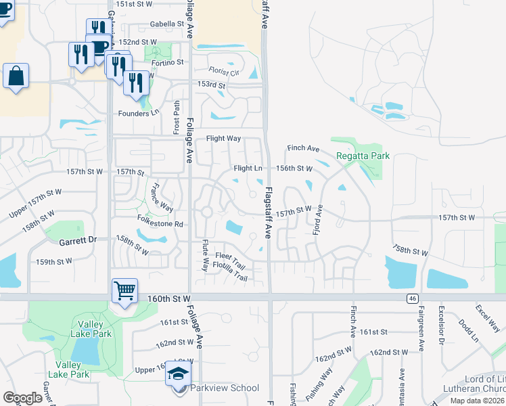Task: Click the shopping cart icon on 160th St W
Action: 124,292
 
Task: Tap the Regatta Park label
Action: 363,156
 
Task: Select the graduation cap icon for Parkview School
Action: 178,374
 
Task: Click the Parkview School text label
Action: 225,388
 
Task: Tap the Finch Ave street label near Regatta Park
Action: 303,148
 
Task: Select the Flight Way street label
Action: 223,138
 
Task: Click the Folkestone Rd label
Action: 160,223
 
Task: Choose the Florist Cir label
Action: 224,71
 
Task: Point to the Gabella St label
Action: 168,24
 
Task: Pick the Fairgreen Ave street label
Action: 420,331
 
